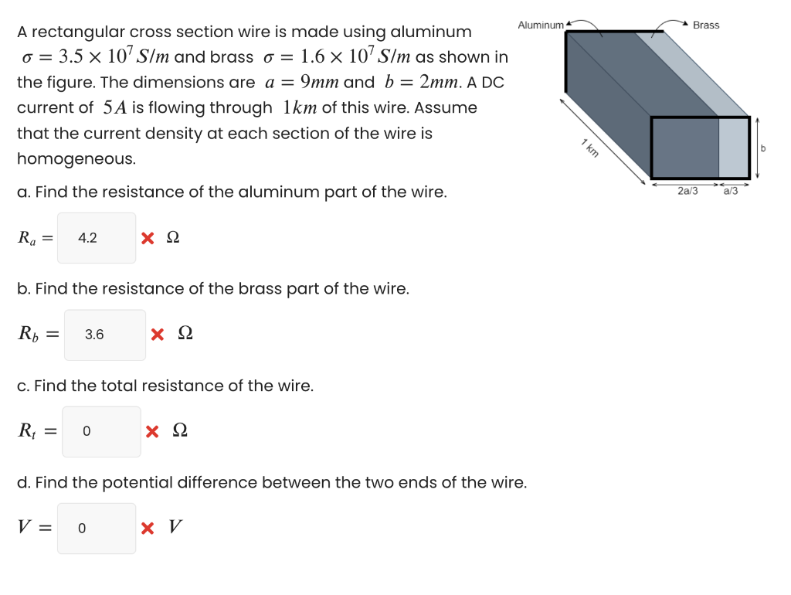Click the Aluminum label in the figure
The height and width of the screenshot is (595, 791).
541,25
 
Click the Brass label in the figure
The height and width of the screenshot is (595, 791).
705,25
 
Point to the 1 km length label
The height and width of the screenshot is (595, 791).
590,147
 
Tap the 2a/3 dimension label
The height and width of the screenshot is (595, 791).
687,191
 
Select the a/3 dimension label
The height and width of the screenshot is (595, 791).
730,191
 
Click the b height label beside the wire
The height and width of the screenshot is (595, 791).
763,147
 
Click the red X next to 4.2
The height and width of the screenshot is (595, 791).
148,238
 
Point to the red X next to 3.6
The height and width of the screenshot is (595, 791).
158,335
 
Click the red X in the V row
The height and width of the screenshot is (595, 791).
148,529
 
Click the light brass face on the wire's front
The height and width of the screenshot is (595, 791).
733,148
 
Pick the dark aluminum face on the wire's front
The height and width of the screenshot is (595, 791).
686,148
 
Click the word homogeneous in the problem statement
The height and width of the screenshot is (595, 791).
66,158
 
